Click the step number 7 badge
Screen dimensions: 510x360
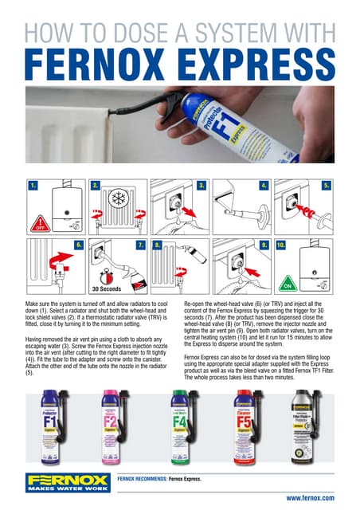point(140,245)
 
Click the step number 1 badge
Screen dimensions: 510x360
point(33,185)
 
